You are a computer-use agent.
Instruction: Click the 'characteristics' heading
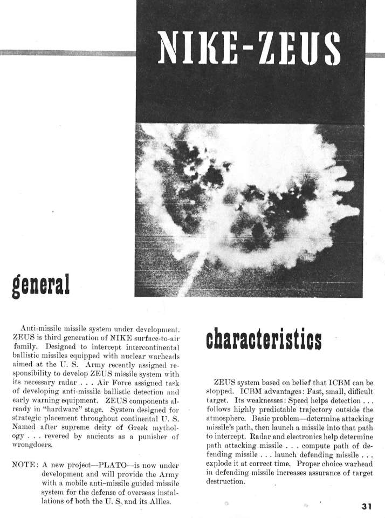pos(264,338)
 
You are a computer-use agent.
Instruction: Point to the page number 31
pos(367,506)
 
